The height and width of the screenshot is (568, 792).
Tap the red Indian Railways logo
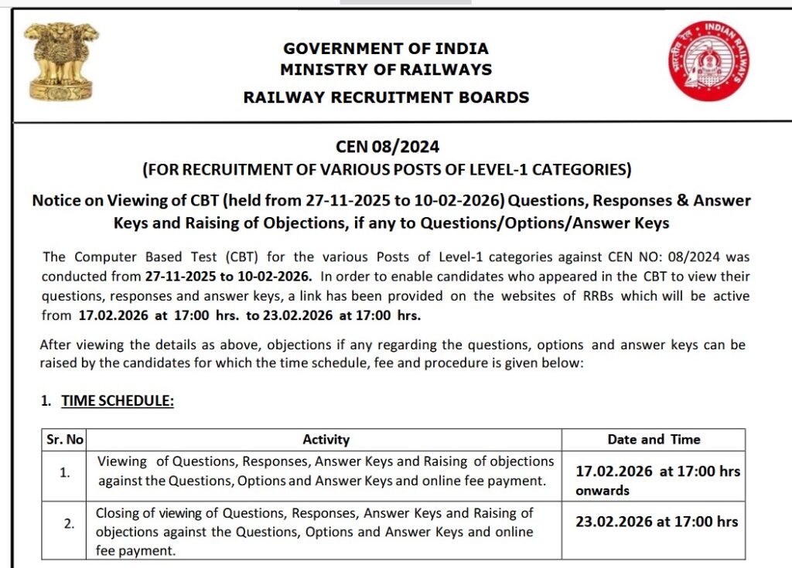pos(708,60)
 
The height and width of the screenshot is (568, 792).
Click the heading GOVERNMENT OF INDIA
pos(386,49)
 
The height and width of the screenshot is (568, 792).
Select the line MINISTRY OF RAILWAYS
pos(386,70)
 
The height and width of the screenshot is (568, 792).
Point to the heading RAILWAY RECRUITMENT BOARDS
pos(386,97)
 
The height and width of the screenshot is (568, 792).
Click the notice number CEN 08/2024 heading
pos(387,147)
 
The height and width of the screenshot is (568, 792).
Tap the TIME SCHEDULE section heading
pos(118,401)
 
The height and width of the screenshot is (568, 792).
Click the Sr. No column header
pos(64,440)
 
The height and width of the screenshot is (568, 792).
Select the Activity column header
pos(326,440)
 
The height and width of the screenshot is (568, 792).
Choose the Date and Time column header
pos(654,440)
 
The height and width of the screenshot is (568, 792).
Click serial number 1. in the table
pos(66,472)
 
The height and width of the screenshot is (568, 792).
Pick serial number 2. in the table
pos(69,523)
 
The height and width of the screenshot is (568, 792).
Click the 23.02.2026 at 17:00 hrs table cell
pos(657,522)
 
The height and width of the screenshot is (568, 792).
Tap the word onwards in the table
pos(603,491)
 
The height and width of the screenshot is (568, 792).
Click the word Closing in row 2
pos(118,513)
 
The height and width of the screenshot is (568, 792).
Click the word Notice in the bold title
pos(57,201)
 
